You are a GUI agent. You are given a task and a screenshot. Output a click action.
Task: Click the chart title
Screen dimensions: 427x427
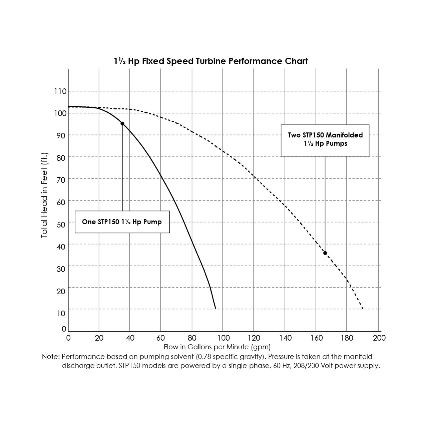coord(210,61)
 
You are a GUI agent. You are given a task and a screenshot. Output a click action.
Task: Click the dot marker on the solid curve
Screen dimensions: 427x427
coord(122,124)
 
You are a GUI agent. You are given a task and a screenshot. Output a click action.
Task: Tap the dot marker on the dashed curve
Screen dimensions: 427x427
coord(325,253)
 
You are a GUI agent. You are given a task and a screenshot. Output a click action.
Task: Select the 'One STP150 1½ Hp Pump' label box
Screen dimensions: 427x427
coord(122,222)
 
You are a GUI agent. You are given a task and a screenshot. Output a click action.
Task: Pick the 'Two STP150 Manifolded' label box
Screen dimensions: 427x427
coord(325,140)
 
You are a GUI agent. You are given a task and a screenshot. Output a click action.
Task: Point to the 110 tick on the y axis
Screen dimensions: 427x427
coord(60,91)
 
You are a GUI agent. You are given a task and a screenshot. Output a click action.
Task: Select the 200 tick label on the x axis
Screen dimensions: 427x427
coord(379,338)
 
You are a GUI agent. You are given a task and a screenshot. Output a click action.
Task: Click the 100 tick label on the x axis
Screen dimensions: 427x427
coord(223,338)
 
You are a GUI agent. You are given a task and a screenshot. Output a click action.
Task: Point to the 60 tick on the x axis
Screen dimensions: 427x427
coord(161,338)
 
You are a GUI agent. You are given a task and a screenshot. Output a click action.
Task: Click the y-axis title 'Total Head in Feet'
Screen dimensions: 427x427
coord(45,195)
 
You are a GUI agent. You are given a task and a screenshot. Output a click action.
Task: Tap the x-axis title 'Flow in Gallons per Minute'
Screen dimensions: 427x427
coord(217,347)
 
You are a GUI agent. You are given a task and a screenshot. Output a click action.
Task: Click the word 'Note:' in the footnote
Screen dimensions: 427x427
coord(51,357)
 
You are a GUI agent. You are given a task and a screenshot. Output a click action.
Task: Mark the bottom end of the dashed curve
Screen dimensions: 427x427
coord(363,309)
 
